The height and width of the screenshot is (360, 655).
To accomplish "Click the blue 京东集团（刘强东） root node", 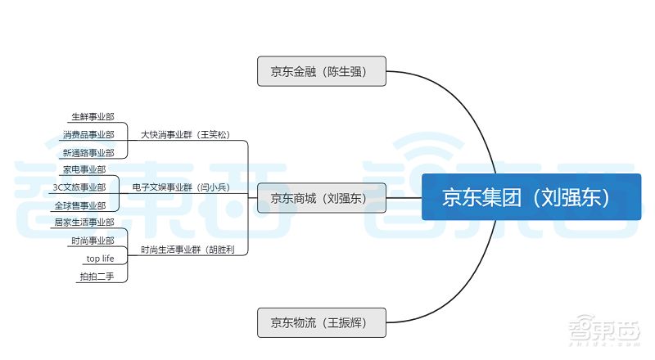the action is (x=531, y=197).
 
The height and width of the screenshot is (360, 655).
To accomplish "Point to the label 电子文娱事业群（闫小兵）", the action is (x=181, y=187).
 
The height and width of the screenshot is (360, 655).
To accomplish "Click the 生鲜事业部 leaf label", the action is (x=93, y=116).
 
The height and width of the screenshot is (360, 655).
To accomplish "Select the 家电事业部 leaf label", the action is (x=84, y=169).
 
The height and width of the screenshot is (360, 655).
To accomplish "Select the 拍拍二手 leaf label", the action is (x=98, y=277).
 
